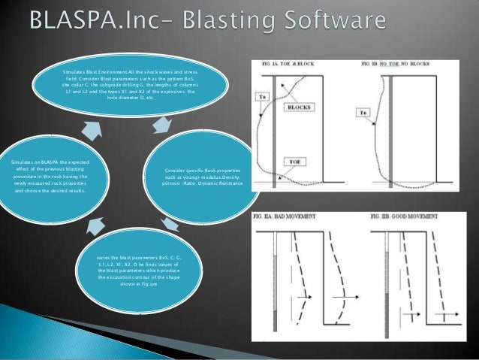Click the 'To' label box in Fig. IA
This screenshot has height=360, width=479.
(263, 96)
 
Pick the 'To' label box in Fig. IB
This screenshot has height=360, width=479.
(363, 113)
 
